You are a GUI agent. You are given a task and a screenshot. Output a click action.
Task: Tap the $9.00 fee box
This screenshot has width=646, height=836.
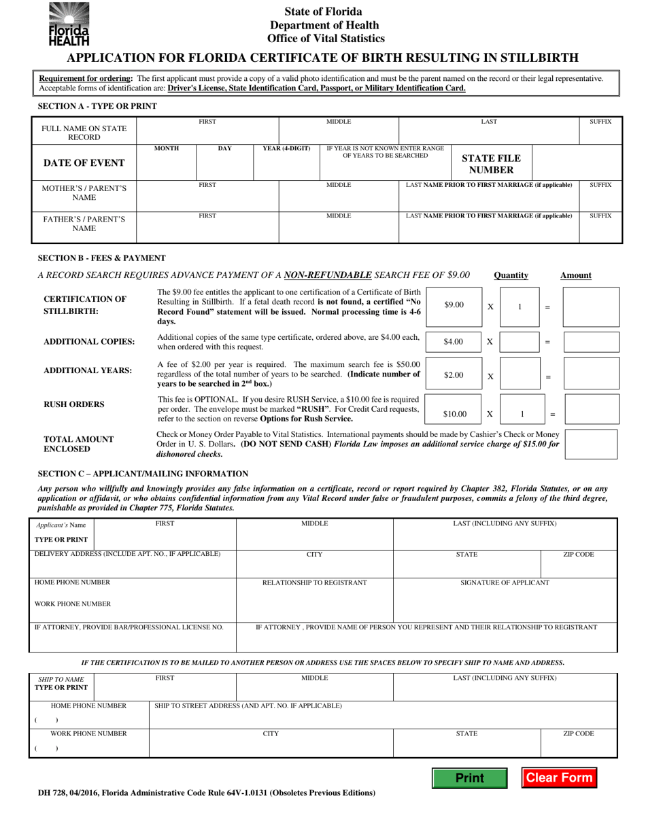pos(454,306)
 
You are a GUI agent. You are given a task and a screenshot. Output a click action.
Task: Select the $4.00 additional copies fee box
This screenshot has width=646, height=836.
pos(454,342)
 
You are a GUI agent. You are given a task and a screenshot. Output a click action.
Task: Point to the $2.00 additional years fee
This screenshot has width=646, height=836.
pos(454,375)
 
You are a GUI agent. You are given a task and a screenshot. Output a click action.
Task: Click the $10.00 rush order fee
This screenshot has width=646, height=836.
pos(454,413)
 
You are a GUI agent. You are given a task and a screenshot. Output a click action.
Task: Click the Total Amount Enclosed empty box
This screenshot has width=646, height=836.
pos(591,444)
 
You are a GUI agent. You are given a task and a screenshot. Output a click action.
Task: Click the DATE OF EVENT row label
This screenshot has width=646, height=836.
pos(84,162)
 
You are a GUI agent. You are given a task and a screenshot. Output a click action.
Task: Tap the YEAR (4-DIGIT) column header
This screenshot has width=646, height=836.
pos(286,149)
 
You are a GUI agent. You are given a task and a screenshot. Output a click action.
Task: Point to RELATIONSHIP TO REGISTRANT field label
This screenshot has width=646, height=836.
pos(314,582)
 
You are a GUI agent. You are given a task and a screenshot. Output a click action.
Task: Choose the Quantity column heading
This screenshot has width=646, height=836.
pos(511,275)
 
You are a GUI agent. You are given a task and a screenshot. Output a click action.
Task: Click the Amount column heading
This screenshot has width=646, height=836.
pos(575,275)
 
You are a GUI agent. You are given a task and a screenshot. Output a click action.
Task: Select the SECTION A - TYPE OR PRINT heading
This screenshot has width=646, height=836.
pos(97,107)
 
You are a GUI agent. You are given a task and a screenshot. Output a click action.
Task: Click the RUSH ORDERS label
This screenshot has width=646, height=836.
pos(74,404)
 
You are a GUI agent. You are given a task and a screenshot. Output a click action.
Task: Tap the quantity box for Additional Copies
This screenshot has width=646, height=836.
pos(520,342)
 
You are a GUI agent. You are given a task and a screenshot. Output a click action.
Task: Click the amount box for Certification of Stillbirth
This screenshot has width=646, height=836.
pos(591,306)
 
